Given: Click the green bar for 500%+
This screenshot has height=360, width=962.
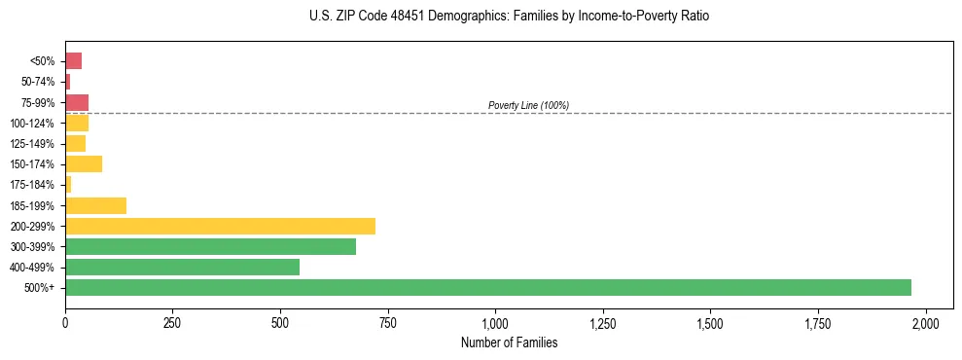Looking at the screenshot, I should click(x=487, y=287).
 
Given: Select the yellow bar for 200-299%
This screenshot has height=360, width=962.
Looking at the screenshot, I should click(x=220, y=226).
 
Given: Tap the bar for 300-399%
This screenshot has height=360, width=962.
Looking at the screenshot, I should click(x=210, y=246).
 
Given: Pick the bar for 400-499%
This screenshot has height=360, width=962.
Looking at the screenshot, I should click(x=182, y=267).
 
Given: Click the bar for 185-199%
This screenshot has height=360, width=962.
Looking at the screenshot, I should click(x=95, y=205).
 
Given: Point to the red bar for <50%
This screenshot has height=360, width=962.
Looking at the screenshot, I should click(x=73, y=61).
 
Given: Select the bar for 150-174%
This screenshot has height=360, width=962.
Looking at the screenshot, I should click(x=84, y=164).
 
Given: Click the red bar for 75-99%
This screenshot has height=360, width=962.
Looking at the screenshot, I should click(x=77, y=102).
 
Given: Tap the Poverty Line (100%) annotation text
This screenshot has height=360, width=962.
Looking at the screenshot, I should click(x=528, y=105).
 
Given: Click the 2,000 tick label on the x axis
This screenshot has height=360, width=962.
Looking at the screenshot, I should click(x=926, y=323).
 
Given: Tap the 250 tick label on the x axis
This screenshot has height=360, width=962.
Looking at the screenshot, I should click(x=172, y=323).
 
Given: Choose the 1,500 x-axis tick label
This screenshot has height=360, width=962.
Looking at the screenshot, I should click(x=710, y=323).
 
